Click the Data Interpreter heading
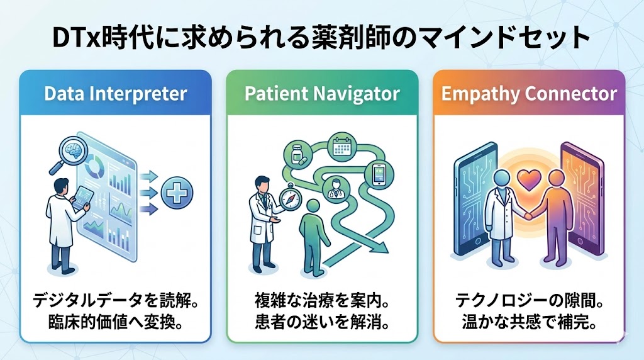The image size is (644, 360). pos(116,94)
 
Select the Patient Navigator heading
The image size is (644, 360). pos(321,94)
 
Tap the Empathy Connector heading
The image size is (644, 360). pos(529,94)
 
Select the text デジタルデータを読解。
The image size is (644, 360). pos(116,301)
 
